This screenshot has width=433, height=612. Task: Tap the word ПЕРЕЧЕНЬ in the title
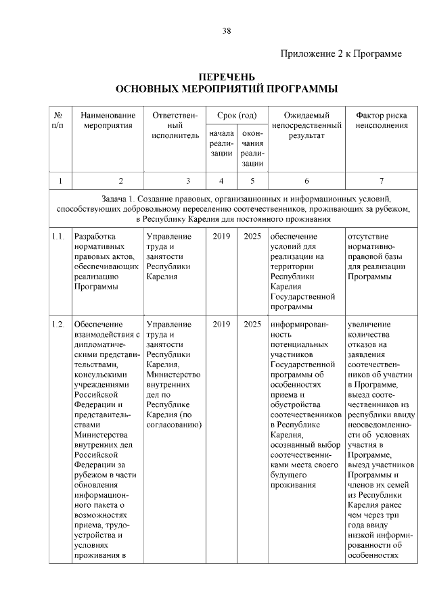point(226,78)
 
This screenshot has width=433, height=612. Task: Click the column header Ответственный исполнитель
point(175,125)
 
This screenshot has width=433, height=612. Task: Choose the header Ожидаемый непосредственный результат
point(306,125)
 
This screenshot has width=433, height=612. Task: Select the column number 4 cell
point(221,181)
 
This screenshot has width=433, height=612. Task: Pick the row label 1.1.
point(58,237)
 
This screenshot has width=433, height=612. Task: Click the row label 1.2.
point(58,324)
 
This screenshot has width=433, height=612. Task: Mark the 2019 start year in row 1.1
point(221,237)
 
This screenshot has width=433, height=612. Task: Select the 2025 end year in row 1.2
point(252,324)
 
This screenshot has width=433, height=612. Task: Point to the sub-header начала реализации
point(221,144)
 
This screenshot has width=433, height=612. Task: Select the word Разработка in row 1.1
point(95,237)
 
